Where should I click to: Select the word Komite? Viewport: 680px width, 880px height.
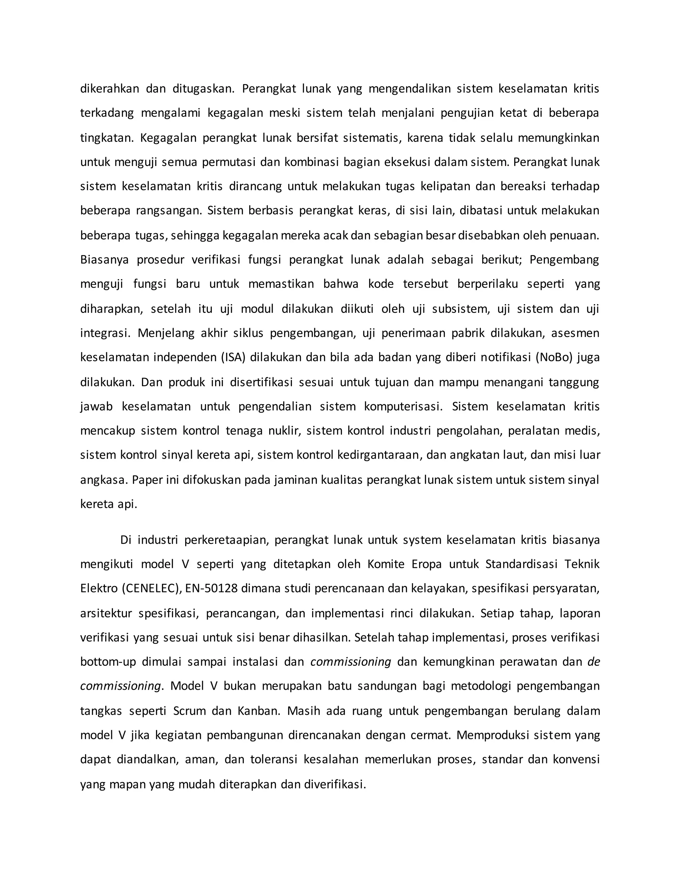click(x=385, y=564)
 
